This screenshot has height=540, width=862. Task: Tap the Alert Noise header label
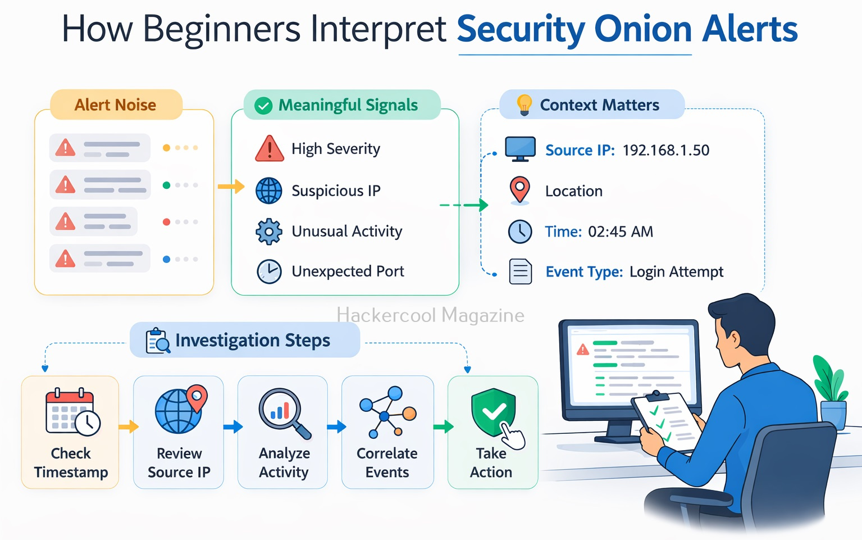(x=115, y=105)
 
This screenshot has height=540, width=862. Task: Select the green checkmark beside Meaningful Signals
(x=263, y=106)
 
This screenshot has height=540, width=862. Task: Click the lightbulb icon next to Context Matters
(x=524, y=105)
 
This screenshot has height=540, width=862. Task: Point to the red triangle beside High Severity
(x=270, y=149)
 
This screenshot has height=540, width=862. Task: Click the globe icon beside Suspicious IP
(x=269, y=190)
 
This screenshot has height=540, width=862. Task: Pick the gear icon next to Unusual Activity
(x=269, y=232)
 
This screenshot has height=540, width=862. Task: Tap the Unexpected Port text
(x=348, y=271)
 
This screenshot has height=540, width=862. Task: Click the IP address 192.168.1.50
(x=666, y=150)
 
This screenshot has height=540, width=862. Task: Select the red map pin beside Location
(x=520, y=189)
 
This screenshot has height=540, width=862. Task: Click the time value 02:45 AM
(x=621, y=232)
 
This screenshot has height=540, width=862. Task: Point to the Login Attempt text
(x=676, y=272)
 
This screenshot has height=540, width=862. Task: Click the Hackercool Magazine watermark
(x=430, y=315)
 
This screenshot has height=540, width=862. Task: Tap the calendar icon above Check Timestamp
(x=71, y=412)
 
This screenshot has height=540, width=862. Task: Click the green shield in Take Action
(x=492, y=411)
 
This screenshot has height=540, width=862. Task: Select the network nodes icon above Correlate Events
(x=387, y=412)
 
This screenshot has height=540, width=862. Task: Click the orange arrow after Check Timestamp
(x=129, y=426)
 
